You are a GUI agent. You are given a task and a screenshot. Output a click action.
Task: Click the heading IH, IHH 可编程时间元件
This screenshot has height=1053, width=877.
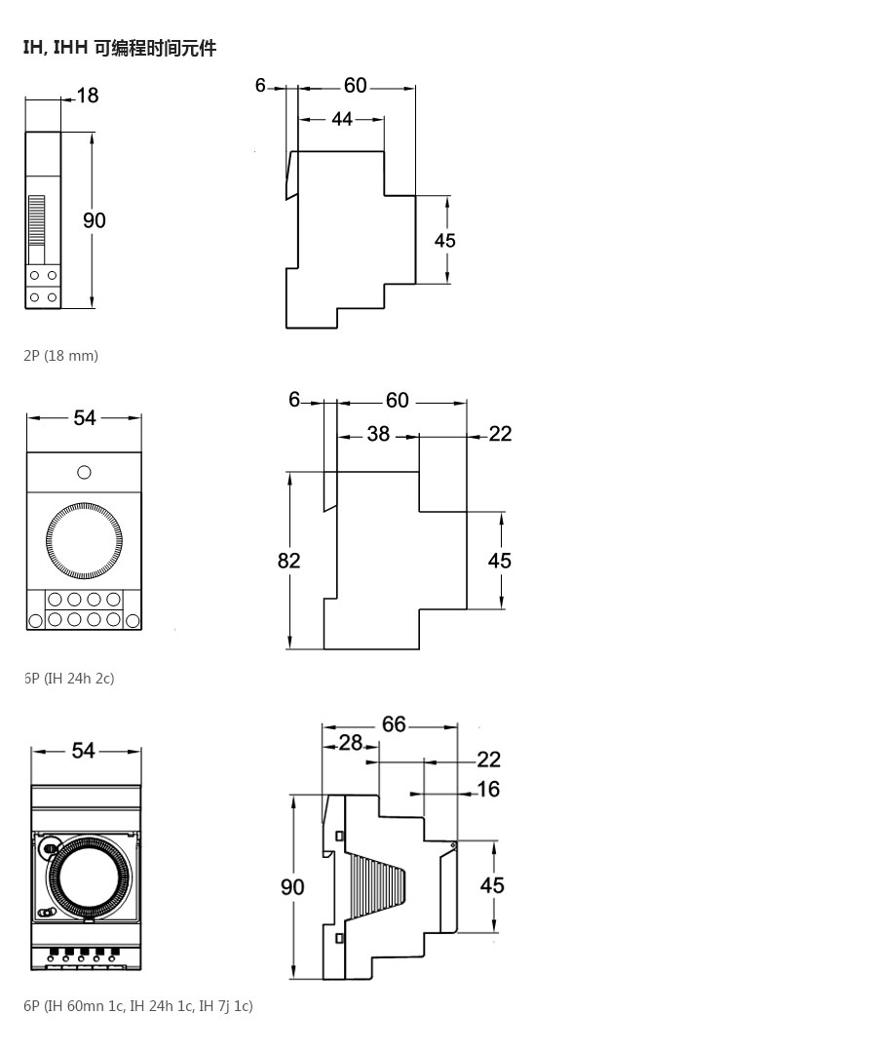point(120,49)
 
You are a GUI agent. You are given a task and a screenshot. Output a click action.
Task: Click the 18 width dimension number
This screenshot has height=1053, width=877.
point(88,96)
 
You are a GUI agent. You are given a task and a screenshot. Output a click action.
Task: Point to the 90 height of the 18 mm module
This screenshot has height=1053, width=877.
point(94,220)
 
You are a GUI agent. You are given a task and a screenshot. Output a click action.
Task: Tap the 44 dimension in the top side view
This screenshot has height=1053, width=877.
point(341,119)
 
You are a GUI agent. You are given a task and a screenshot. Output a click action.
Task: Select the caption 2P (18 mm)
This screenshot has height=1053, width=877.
point(61,355)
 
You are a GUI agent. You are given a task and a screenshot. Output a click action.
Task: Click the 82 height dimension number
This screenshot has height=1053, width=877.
point(289,560)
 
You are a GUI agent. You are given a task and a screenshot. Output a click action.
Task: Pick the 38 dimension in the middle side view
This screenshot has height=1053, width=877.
point(378,434)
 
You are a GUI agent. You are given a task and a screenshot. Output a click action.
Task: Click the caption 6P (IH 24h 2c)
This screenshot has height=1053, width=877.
point(69,679)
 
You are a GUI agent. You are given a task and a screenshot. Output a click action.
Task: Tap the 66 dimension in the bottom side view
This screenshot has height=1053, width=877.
point(394,723)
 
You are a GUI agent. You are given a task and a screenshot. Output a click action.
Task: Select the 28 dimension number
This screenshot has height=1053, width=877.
point(350,743)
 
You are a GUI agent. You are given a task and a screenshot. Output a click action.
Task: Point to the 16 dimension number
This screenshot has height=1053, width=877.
point(488,789)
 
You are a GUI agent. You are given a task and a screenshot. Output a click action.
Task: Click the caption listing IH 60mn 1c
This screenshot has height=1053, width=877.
point(138,1006)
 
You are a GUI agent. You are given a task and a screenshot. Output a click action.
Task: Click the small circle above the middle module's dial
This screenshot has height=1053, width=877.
point(84,473)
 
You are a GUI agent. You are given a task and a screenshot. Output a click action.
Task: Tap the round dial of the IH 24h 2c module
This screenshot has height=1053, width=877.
point(84,540)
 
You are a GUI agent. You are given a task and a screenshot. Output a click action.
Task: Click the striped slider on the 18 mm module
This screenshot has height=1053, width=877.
point(36,221)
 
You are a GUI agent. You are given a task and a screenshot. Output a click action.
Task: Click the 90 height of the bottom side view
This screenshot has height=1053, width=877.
point(292,887)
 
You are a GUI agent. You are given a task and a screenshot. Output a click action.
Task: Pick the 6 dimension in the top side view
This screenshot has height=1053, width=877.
point(260,85)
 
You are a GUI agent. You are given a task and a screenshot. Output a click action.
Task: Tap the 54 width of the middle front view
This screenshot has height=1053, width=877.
point(85,417)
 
